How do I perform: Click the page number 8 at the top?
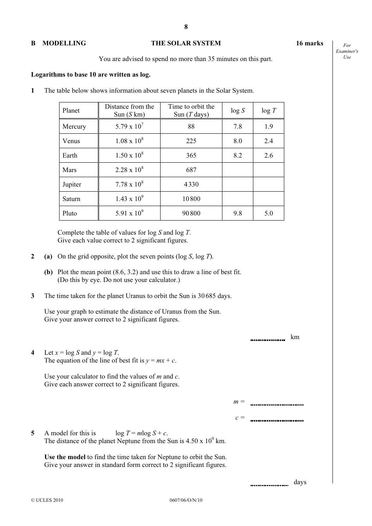186,27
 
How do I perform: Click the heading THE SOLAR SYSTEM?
186,43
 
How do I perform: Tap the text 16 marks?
309,43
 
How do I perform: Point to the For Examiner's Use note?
347,51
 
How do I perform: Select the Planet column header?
71,111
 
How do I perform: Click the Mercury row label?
74,127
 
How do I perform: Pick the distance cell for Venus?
129,141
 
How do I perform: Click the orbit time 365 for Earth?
191,155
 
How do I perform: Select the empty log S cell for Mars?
238,170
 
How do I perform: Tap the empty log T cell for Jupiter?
269,184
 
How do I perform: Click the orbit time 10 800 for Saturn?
191,199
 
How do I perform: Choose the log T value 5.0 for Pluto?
269,213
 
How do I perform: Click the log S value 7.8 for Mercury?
238,127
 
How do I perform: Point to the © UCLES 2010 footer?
47,500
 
